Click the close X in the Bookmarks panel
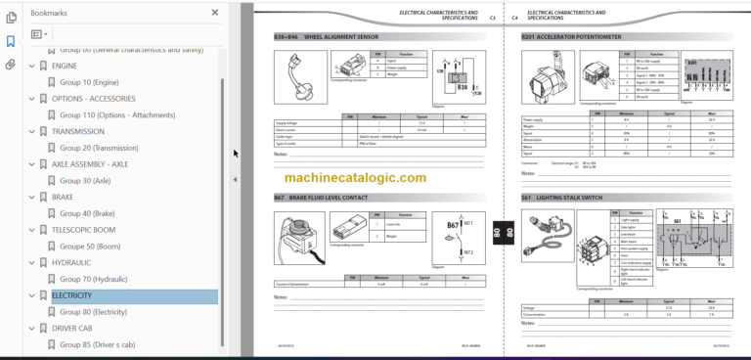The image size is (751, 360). tap(215, 13)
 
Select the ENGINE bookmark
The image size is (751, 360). tap(66, 66)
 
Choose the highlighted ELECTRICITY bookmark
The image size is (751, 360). tap(72, 295)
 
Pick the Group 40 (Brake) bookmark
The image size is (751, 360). tap(87, 213)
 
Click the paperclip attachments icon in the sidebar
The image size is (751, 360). tap(11, 65)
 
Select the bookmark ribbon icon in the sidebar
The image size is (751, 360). tap(11, 41)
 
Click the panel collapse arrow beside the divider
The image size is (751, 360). tap(235, 180)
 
